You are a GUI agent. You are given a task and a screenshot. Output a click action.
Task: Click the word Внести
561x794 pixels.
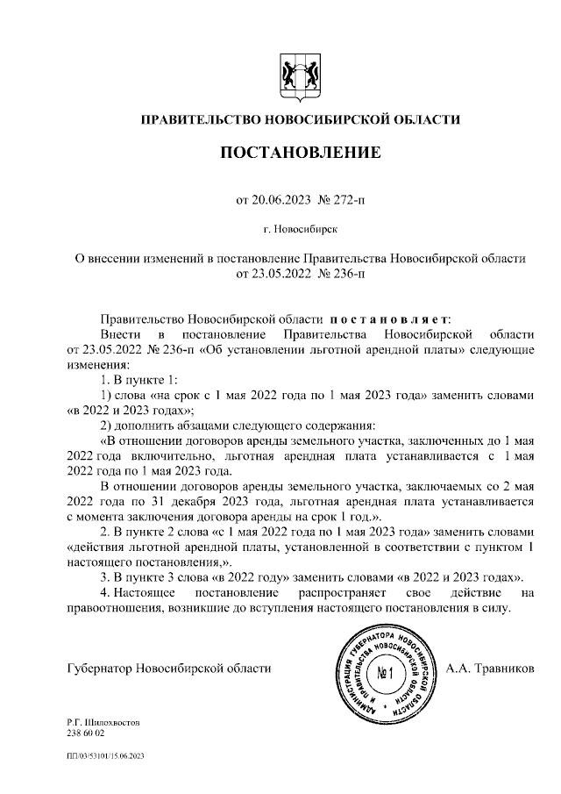120,335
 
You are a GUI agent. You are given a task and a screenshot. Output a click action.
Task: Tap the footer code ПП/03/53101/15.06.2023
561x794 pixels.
104,755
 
